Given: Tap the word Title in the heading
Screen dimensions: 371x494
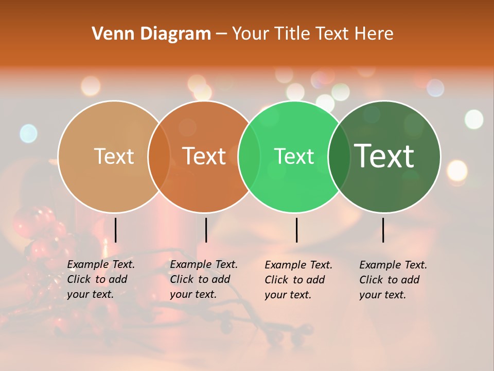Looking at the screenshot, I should coord(292,34).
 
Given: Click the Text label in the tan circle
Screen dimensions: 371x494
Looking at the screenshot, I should coord(114,156).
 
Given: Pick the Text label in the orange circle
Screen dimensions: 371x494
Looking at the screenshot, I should coord(204,156).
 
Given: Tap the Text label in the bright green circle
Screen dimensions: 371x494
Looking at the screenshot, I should coord(294,156).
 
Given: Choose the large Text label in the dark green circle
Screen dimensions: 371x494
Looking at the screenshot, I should coord(384,156).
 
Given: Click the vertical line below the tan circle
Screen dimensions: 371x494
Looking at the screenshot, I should coord(115,230).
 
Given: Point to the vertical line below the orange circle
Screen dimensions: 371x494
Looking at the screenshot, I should coord(206,230).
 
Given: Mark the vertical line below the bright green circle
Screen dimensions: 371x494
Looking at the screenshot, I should coord(296,230).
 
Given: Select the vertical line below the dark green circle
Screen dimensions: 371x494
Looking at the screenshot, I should coord(383,230).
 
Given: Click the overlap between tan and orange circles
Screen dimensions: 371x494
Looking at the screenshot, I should coord(159,157).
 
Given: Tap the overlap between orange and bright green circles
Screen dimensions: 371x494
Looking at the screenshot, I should coord(250,157).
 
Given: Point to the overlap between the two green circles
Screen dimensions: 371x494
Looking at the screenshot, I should coord(339,157).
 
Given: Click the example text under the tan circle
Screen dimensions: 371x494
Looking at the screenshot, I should coord(100,279).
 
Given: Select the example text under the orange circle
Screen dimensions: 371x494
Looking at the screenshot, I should coord(203,279).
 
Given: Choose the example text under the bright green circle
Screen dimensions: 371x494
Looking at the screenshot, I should coord(298,280).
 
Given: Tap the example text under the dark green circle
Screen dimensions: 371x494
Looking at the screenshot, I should coord(393,280).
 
